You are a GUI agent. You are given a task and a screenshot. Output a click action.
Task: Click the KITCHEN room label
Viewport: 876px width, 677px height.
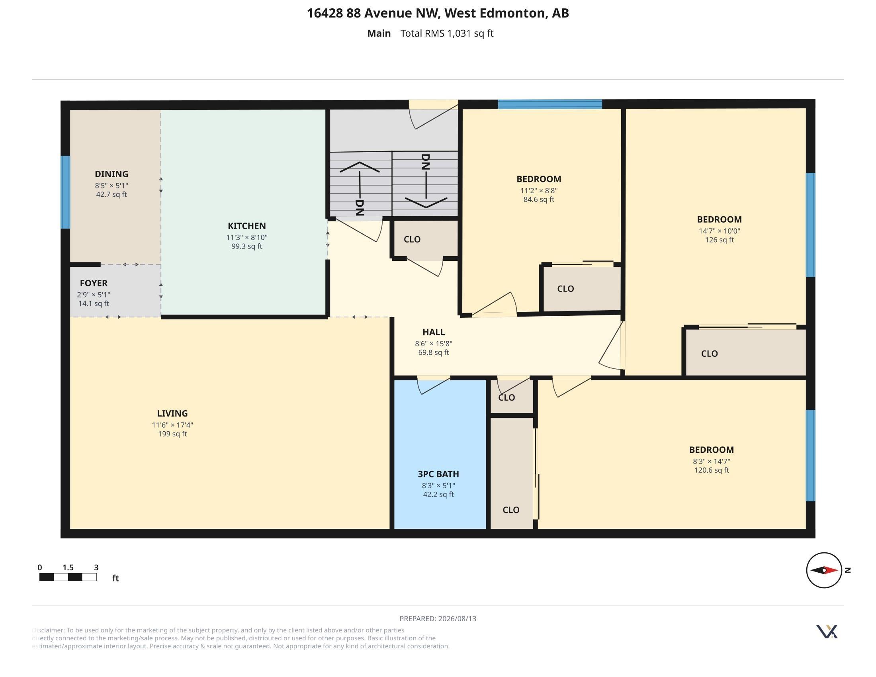coord(247,226)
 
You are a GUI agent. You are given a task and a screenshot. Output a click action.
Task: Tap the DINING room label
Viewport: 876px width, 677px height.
coord(111,174)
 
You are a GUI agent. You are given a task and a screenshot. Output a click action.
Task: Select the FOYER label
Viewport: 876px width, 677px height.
coord(94,283)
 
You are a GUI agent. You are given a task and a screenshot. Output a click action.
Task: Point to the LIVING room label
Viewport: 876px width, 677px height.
coord(172,413)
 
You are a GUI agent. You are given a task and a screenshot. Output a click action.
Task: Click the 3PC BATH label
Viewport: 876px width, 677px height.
coord(438,474)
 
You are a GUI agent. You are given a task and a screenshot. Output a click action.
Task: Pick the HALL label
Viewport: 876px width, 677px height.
coord(434,332)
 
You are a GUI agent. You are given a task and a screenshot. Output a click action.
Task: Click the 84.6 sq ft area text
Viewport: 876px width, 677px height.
coord(539,200)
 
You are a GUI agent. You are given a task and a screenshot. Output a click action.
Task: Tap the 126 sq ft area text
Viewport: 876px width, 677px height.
coord(720,240)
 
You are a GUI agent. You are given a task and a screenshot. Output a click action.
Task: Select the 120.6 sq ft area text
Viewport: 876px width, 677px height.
coord(712,470)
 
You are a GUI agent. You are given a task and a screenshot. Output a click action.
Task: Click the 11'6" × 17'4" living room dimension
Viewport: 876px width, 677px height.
coord(172,425)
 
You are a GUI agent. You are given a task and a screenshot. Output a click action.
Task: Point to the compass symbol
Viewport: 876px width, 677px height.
coord(824,570)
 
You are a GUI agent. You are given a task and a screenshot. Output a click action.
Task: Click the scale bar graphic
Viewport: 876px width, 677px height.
coord(68,577)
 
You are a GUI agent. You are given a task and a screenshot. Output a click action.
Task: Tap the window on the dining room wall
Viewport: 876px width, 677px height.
coord(65,192)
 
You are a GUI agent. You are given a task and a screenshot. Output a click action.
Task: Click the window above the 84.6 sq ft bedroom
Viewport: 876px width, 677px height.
coord(550,104)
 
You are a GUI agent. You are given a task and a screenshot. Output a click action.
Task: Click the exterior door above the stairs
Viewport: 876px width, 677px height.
coord(433,114)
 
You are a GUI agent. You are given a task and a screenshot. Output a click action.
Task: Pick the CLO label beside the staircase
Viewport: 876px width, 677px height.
coord(412,239)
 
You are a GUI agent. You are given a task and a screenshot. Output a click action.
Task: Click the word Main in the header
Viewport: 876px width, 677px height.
coord(379,33)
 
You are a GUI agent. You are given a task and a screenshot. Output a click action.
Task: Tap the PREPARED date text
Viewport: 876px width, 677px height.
coord(438,618)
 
